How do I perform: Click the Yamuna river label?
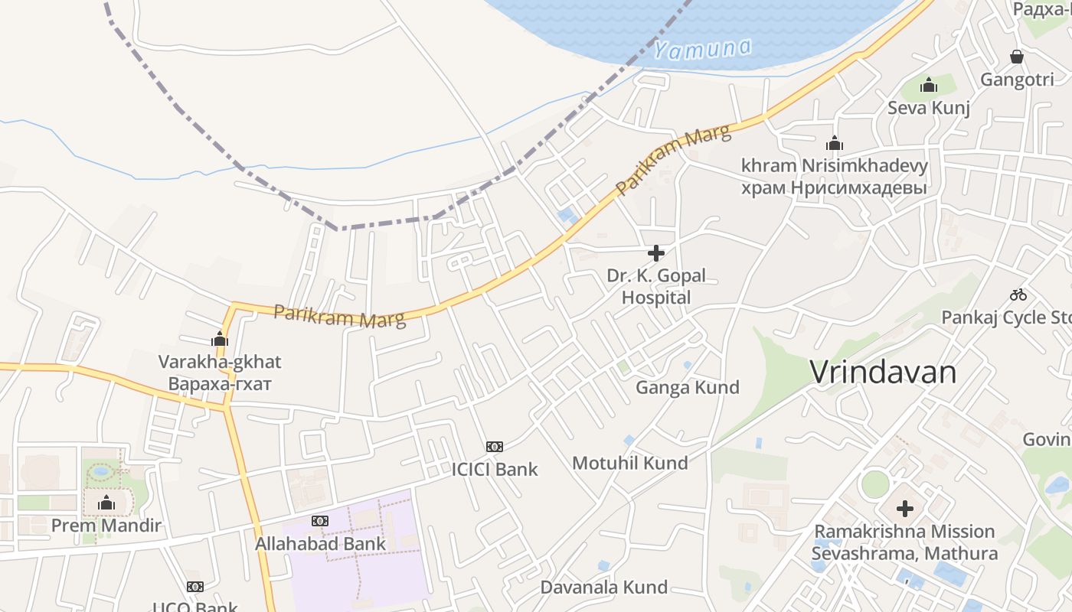[x=702, y=49]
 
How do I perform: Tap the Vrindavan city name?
[x=883, y=373]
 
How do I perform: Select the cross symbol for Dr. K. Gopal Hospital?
[x=656, y=253]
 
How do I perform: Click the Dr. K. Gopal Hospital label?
[x=656, y=287]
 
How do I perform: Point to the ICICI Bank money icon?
[x=495, y=447]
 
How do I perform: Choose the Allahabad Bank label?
[x=321, y=544]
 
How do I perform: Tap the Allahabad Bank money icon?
[x=320, y=521]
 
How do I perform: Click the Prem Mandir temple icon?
[x=106, y=503]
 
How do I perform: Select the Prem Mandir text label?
[x=106, y=526]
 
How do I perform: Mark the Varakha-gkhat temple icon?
[x=220, y=339]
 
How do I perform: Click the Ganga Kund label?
[x=688, y=387]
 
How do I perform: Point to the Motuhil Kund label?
[x=630, y=462]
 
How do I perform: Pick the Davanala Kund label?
[x=604, y=588]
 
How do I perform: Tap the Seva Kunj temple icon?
[x=929, y=85]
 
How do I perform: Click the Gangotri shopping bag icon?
[x=1017, y=57]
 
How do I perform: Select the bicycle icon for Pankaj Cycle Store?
[x=1018, y=295]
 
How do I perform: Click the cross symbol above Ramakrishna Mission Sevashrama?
[x=905, y=508]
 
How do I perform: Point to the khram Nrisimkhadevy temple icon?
[x=835, y=143]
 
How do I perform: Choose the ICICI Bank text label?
[x=495, y=469]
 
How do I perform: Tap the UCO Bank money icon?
[x=195, y=587]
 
